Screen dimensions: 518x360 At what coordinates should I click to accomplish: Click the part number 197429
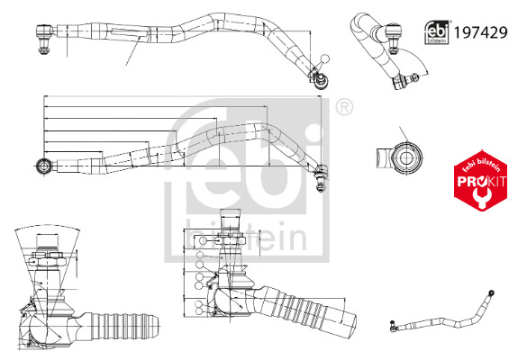(x=480, y=32)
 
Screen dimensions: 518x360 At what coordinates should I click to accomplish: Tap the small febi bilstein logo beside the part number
(x=437, y=32)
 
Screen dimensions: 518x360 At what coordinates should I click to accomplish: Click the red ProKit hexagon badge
(x=481, y=181)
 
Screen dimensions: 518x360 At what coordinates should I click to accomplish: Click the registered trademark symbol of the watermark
(x=344, y=106)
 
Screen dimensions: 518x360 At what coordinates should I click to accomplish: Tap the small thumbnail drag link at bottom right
(x=442, y=311)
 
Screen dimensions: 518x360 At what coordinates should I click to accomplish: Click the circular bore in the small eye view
(x=405, y=157)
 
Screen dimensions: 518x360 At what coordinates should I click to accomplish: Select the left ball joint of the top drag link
(x=44, y=38)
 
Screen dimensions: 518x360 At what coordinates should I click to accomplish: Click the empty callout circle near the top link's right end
(x=325, y=58)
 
